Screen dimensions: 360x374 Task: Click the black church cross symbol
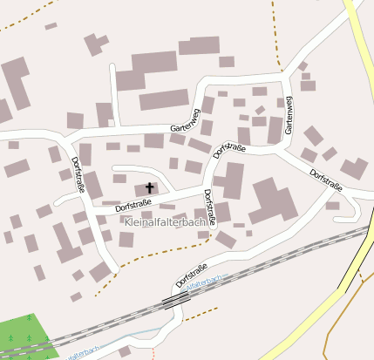click(x=149, y=187)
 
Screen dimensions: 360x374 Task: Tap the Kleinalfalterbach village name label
click(x=166, y=222)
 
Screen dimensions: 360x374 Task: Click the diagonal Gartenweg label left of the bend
click(x=186, y=121)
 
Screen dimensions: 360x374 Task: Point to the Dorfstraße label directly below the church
click(x=133, y=205)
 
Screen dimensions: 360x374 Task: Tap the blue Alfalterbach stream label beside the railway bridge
click(x=204, y=284)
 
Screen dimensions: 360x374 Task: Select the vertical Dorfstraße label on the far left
click(x=78, y=174)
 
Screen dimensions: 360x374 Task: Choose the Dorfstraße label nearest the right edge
click(x=326, y=180)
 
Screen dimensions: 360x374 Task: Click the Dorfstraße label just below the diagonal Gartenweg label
click(x=229, y=149)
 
